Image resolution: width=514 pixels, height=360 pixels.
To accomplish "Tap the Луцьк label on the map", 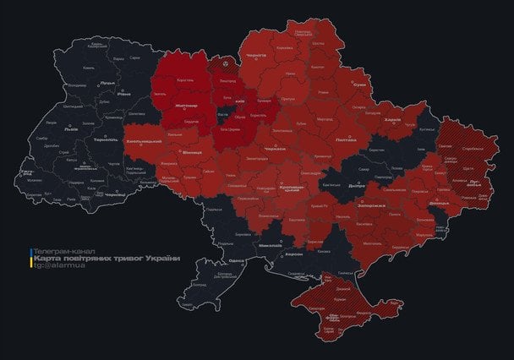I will tap(107, 83).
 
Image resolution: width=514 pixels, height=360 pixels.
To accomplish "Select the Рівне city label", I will tap(124, 94).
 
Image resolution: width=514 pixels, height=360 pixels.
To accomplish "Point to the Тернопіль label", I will tap(106, 139).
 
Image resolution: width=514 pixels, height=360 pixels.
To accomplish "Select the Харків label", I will tap(391, 119).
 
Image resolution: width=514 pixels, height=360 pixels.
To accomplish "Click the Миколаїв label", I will tap(270, 244).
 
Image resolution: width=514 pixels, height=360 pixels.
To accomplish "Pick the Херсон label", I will tap(293, 254).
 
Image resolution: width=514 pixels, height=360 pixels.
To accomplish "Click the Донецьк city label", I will tap(439, 204).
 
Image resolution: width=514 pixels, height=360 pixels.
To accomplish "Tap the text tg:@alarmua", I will tap(56, 266).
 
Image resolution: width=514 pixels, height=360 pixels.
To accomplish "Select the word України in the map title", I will tap(162, 258).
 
